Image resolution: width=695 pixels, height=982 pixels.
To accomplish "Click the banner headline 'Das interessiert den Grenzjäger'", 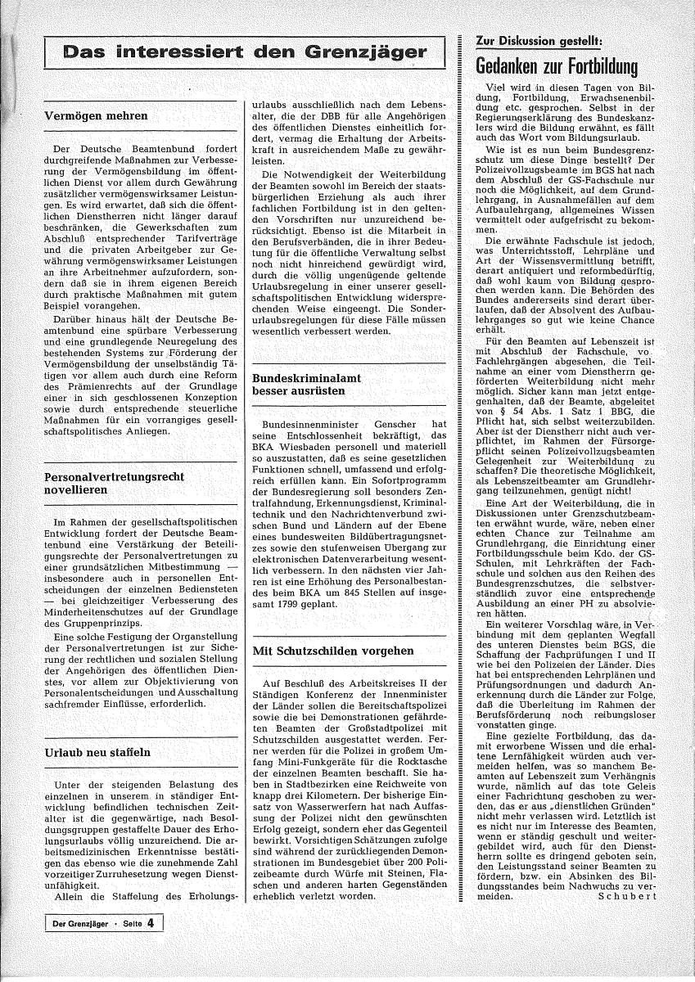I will tap(245, 53).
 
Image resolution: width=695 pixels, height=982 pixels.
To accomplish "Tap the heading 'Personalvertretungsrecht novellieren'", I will tap(114, 483).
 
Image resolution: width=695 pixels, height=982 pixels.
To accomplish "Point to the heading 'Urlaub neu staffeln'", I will tap(97, 752).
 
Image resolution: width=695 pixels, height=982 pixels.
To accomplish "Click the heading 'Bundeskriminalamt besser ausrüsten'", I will tap(307, 385).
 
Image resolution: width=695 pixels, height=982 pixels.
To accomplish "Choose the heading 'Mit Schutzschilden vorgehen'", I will tap(322, 651).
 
